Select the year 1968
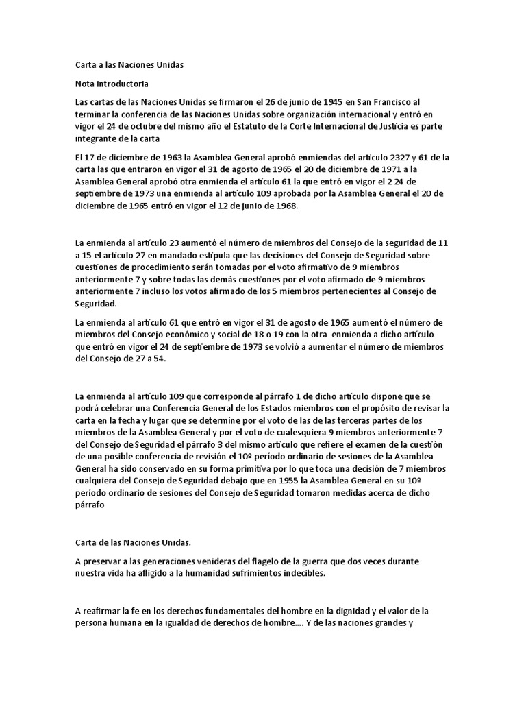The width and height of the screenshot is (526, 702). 283,206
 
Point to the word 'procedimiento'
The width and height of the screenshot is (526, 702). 162,267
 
